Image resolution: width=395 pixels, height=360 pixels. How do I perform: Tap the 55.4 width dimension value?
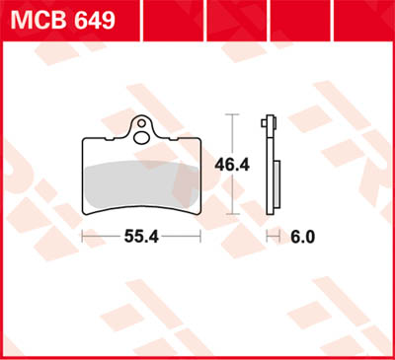pyautogui.click(x=140, y=237)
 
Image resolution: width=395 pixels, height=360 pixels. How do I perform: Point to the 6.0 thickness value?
pyautogui.click(x=305, y=237)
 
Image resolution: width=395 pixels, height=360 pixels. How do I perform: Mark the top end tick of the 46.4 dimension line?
pyautogui.click(x=232, y=114)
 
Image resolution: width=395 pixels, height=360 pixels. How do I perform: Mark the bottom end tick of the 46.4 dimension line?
pyautogui.click(x=232, y=213)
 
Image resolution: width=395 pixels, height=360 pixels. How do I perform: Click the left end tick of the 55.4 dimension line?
pyautogui.click(x=81, y=237)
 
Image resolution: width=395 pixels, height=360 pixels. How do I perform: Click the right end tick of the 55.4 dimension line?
pyautogui.click(x=200, y=237)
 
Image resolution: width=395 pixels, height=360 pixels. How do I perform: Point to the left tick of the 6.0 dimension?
pyautogui.click(x=268, y=237)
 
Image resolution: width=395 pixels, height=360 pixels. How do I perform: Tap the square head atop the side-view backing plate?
pyautogui.click(x=269, y=124)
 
